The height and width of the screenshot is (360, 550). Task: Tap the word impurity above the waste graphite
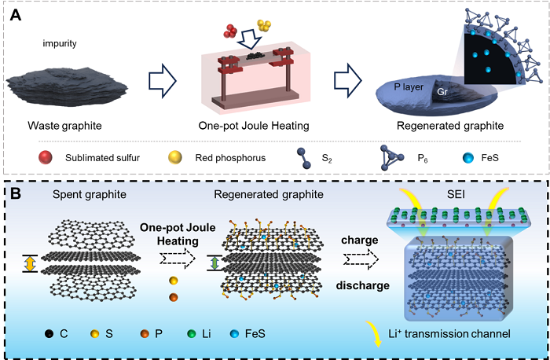[60, 44]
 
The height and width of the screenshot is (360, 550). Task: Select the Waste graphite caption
[60, 126]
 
